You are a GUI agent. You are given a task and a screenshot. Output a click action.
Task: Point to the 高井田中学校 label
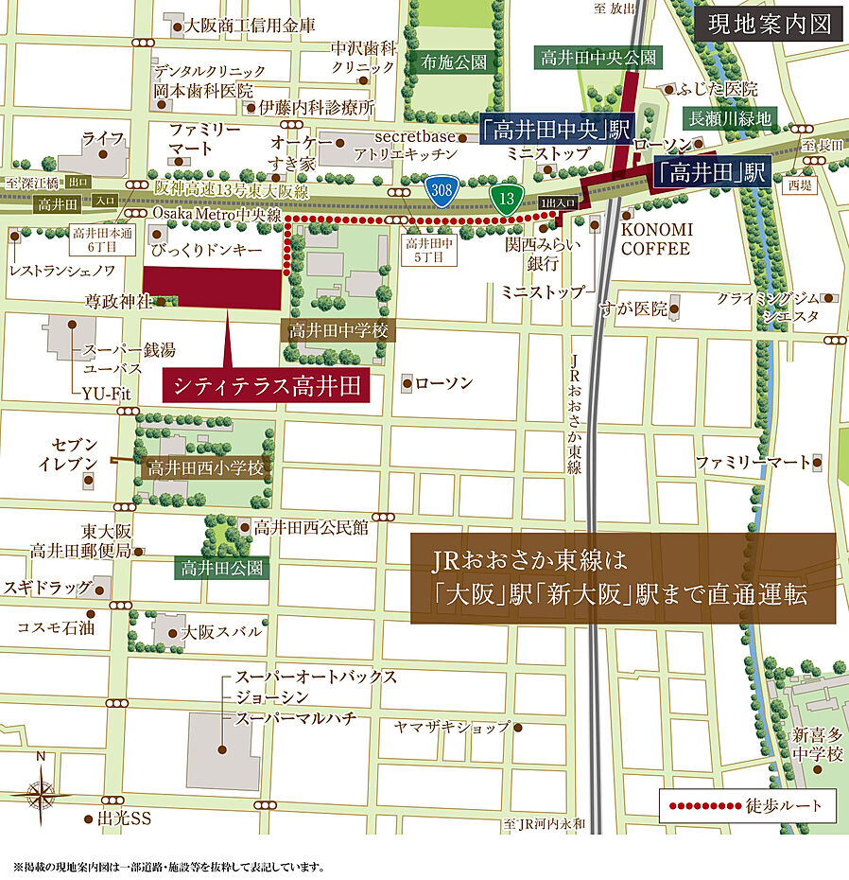pyautogui.click(x=338, y=331)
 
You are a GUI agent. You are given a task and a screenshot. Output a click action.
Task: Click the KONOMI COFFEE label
pyautogui.click(x=657, y=239)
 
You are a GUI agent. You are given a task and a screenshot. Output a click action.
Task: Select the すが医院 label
pyautogui.click(x=635, y=308)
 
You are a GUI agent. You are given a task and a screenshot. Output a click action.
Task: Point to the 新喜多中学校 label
pyautogui.click(x=817, y=745)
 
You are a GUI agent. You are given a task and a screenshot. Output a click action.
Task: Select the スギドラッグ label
pyautogui.click(x=46, y=588)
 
